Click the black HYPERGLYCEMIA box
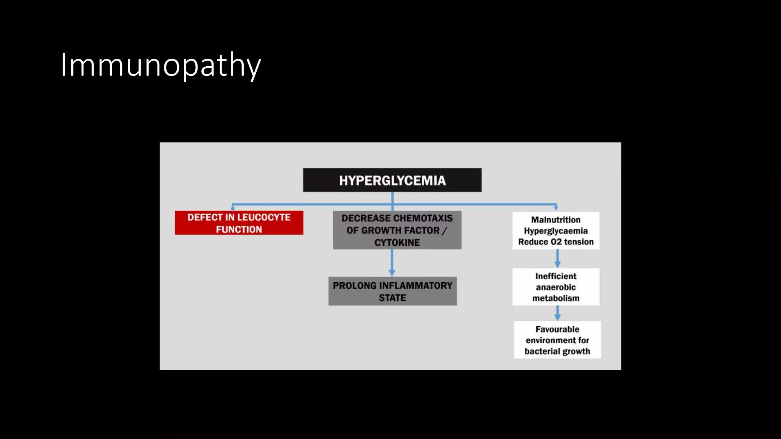point(392,180)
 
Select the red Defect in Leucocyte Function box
point(239,223)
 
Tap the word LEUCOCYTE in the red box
point(264,217)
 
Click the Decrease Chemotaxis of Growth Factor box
point(397,230)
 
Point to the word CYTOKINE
point(397,242)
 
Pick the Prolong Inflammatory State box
point(392,292)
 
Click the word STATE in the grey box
point(392,298)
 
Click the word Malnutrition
point(556,220)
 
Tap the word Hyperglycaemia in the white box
point(556,231)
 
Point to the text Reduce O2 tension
point(556,242)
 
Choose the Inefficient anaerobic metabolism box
point(556,287)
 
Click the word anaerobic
point(556,287)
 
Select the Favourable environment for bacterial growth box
point(557,340)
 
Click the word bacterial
point(542,351)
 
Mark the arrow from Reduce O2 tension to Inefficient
point(558,259)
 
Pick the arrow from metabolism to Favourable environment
point(558,313)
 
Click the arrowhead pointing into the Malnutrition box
point(556,208)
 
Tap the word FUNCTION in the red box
point(239,229)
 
